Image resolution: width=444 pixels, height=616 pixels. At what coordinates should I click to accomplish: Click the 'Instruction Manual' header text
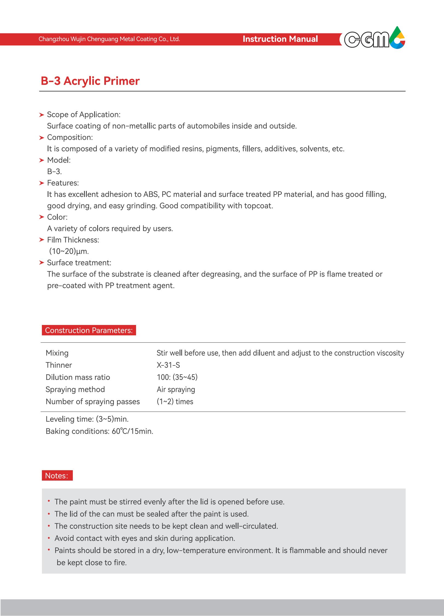(280, 39)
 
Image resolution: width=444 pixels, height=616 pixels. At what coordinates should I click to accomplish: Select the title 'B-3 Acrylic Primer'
(90, 81)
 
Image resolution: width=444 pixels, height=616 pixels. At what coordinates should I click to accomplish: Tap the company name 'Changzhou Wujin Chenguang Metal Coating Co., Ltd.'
(109, 39)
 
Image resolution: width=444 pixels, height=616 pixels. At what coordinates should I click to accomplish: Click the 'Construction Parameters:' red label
(89, 330)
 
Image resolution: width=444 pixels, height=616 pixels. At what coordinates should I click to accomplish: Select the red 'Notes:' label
(57, 476)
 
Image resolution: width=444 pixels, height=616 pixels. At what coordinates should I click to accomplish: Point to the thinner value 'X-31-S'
(168, 365)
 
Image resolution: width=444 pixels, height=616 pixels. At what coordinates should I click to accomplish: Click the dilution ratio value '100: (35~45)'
(177, 377)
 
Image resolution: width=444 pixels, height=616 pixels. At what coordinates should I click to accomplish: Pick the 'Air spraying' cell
(176, 390)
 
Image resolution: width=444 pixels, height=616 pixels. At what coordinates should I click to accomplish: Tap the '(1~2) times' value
(175, 402)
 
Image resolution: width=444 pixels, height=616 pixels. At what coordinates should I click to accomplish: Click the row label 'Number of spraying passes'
(93, 402)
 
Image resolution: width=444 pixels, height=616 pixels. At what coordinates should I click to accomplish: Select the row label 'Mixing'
(57, 353)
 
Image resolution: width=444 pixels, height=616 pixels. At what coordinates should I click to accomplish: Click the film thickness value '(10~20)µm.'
(69, 251)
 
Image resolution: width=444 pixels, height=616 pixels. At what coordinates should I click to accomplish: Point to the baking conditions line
(99, 431)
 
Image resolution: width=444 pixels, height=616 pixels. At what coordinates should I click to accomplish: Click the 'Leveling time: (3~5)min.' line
(87, 419)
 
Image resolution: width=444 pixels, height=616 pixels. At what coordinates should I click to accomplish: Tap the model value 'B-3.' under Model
(54, 172)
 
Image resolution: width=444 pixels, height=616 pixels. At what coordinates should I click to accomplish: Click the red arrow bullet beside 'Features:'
(42, 183)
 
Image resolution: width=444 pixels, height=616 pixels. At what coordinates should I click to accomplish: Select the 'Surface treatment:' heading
(79, 263)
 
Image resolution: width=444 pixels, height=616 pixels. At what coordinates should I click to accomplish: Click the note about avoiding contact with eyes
(145, 538)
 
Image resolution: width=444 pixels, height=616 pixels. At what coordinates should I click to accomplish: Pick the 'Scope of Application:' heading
(83, 115)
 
